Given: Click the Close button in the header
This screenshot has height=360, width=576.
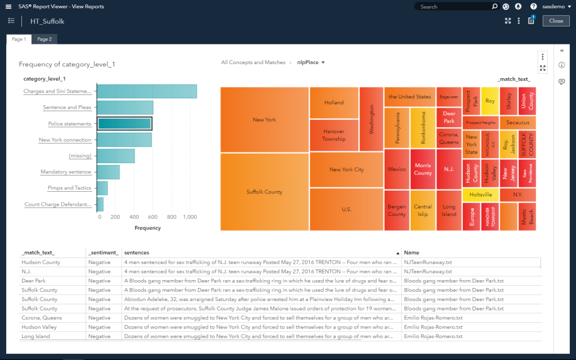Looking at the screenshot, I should tap(556, 21).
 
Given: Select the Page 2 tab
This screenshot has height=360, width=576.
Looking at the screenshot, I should tap(44, 39).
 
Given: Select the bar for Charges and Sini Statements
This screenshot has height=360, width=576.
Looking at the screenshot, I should tap(147, 91).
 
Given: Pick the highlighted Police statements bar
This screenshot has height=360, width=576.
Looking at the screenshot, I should tap(124, 124).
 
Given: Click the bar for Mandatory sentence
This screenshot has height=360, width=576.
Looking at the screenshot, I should tap(109, 172).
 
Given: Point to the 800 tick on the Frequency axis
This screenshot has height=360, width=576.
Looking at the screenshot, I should tap(172, 217).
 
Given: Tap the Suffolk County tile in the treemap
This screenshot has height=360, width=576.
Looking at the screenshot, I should tap(264, 192).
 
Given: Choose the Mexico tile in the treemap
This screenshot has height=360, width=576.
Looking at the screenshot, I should tap(397, 169).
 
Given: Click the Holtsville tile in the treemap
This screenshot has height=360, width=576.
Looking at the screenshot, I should tap(480, 195).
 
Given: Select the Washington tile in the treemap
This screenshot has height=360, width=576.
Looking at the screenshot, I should tap(371, 119).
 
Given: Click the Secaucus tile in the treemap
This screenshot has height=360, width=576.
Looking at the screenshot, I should tap(517, 122).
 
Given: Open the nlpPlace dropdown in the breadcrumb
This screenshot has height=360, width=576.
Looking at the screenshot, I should tap(311, 62).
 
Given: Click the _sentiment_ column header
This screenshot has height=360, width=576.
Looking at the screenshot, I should tap(103, 253).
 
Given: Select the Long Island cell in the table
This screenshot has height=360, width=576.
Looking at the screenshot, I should tap(36, 336).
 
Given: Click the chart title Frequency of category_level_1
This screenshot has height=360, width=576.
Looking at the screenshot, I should tap(67, 65).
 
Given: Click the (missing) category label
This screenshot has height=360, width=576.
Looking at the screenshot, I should tap(80, 156).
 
